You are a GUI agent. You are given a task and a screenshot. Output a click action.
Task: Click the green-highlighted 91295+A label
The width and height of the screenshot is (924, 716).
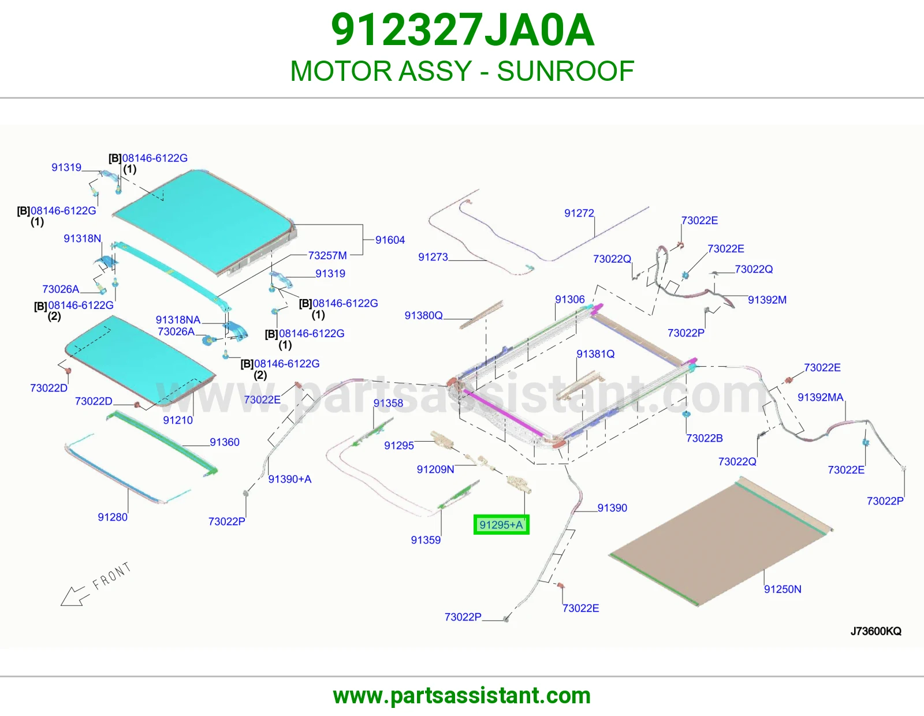point(501,525)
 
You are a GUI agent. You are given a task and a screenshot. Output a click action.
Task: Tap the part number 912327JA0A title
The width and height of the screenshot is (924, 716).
point(463,30)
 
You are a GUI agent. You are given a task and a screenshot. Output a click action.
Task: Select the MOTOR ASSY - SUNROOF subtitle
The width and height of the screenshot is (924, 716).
point(462,70)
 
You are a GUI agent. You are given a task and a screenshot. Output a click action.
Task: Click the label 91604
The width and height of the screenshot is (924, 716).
point(390,240)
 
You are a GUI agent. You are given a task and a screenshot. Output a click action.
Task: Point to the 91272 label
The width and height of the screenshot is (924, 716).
point(579,213)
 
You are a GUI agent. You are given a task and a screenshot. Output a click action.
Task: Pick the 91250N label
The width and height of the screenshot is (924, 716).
point(783,589)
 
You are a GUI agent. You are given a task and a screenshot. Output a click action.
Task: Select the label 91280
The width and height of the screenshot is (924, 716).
point(113,517)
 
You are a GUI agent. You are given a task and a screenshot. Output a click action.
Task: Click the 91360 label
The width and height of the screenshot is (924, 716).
point(225,442)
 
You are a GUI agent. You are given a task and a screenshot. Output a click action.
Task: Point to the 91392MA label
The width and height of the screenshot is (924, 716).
point(820,397)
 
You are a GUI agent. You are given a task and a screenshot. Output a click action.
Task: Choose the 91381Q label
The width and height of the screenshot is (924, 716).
point(595,354)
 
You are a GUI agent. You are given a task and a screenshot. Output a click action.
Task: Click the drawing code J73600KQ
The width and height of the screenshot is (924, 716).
point(876,631)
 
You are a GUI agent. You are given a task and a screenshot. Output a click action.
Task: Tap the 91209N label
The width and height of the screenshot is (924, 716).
point(435,469)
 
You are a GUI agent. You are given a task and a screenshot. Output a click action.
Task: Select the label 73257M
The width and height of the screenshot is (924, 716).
point(327,256)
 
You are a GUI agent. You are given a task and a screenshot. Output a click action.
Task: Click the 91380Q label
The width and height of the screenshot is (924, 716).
point(423,315)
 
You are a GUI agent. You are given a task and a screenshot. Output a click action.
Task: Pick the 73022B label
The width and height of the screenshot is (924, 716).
point(705,438)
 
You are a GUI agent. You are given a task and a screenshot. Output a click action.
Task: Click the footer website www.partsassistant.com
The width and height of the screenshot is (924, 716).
point(462,696)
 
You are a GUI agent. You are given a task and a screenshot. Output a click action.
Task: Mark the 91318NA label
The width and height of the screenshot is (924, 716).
point(178,319)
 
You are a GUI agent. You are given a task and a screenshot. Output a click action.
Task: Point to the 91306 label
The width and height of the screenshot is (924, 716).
point(570,299)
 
